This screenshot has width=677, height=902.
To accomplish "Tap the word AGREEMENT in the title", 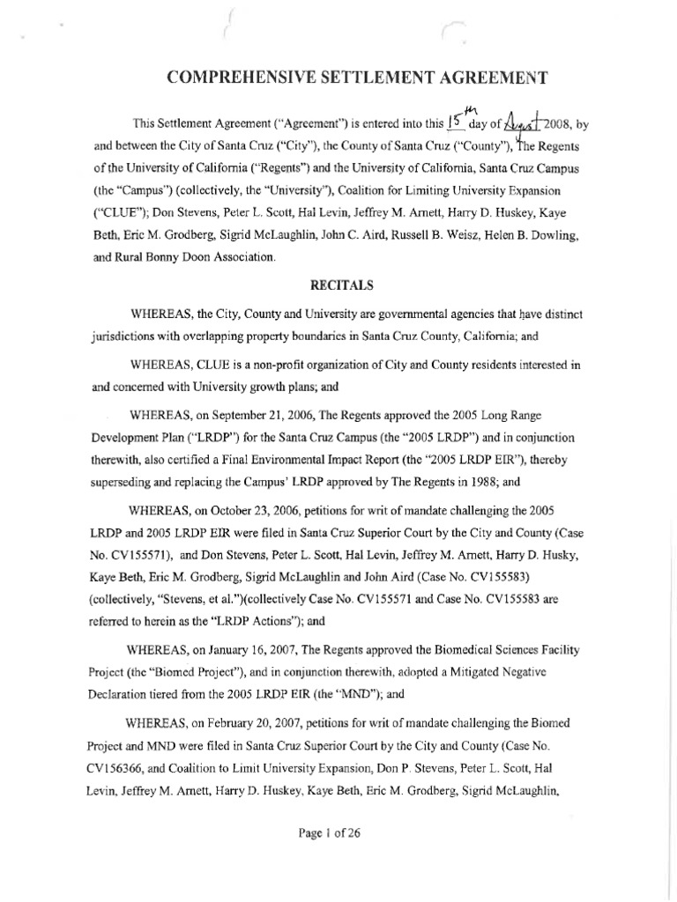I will pos(493,78).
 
